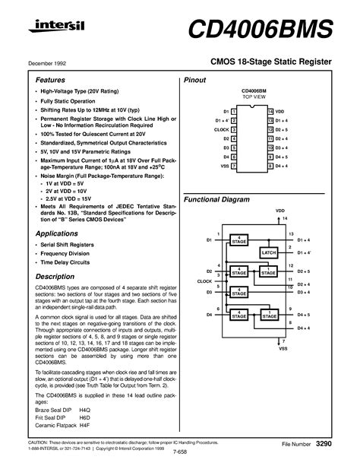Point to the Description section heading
click(x=57, y=277)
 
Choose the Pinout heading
click(x=197, y=79)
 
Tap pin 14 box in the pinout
click(x=270, y=112)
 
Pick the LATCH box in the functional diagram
click(x=269, y=252)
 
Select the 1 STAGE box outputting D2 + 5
click(x=268, y=271)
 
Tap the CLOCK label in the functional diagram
click(x=204, y=281)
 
